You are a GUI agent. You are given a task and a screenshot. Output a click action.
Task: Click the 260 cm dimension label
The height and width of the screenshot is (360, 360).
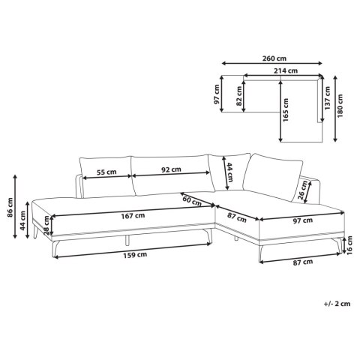click(274, 58)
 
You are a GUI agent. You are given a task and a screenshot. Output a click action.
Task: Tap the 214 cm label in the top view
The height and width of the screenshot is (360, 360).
click(286, 70)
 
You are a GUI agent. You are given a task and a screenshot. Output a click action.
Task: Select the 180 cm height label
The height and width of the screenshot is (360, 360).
click(340, 106)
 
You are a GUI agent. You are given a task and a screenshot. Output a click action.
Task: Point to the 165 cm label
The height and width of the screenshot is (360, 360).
click(286, 110)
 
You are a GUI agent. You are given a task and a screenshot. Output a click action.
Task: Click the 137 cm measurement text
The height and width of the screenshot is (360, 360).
click(328, 98)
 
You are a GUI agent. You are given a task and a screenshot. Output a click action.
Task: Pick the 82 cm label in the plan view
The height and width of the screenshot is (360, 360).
click(239, 96)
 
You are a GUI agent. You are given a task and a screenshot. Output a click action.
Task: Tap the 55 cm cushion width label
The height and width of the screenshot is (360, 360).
click(106, 172)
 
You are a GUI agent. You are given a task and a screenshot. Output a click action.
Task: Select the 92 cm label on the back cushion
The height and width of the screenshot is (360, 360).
click(171, 169)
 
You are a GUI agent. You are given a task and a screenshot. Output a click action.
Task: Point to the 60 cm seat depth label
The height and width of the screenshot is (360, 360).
click(192, 201)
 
